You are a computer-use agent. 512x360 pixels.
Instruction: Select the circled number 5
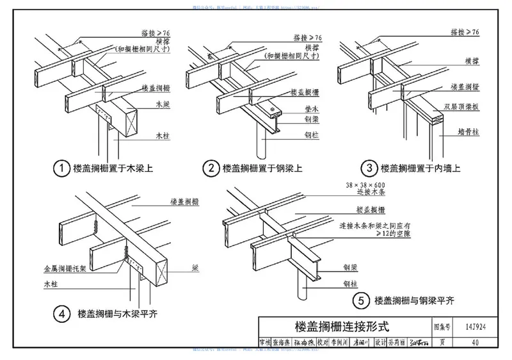pyautogui.click(x=362, y=300)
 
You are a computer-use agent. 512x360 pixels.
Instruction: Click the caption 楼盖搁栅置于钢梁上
pyautogui.click(x=262, y=169)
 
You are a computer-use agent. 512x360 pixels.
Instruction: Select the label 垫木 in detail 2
pyautogui.click(x=312, y=109)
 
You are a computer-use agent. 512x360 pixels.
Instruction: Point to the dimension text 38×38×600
pyautogui.click(x=366, y=185)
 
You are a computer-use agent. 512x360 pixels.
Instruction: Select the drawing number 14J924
pyautogui.click(x=472, y=325)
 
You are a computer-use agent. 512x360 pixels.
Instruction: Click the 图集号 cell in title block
pyautogui.click(x=442, y=325)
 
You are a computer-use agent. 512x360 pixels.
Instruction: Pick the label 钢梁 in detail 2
pyautogui.click(x=312, y=120)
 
